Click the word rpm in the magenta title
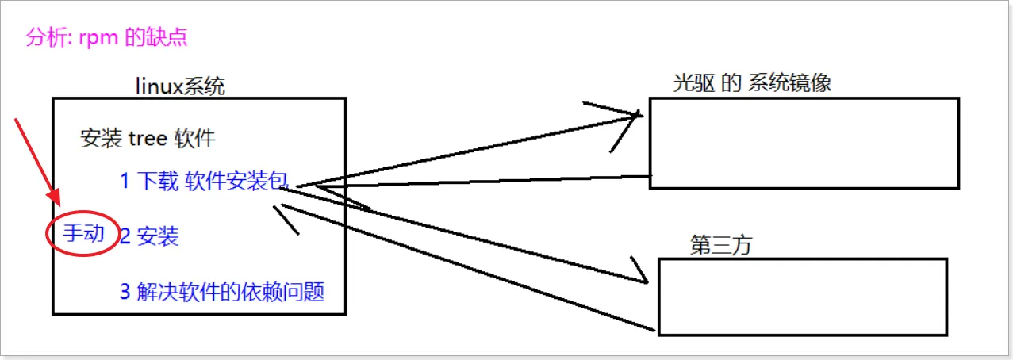click(x=97, y=39)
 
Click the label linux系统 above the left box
click(x=180, y=86)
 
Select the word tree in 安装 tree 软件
click(x=148, y=139)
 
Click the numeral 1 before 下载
click(x=125, y=182)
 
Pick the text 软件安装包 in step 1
click(x=236, y=182)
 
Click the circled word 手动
click(x=83, y=233)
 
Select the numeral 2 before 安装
click(x=125, y=236)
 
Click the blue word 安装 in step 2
click(x=158, y=236)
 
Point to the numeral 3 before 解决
click(x=125, y=292)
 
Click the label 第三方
click(x=720, y=246)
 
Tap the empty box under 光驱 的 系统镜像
click(x=804, y=143)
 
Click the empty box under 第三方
click(x=803, y=296)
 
